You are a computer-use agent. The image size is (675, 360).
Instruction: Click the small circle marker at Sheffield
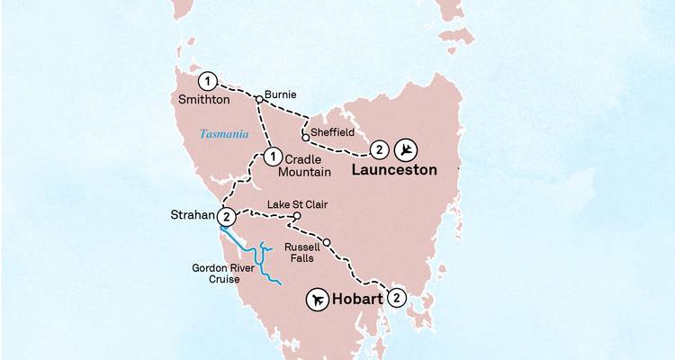(306, 139)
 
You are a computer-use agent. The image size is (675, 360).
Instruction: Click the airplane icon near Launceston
(409, 148)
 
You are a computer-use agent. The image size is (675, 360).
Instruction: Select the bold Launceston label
(394, 169)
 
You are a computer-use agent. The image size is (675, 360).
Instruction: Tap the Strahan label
(192, 216)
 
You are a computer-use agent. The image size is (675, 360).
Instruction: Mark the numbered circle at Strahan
(227, 216)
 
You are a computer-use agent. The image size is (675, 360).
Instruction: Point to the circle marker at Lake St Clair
(297, 217)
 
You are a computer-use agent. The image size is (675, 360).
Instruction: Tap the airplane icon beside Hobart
(318, 300)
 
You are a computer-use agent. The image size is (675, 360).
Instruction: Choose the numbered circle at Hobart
(397, 298)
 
